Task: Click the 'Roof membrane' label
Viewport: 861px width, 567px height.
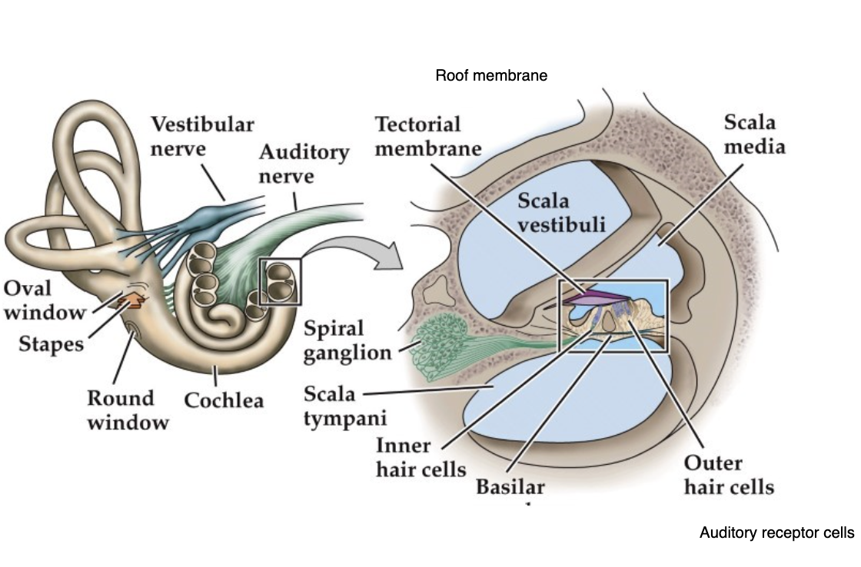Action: (491, 76)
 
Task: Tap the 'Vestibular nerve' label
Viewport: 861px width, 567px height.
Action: (202, 135)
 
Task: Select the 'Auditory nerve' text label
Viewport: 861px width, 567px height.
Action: (303, 164)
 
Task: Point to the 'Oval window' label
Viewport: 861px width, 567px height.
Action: (44, 300)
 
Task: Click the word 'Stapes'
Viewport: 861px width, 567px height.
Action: (51, 343)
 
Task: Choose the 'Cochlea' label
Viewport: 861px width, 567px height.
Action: (224, 400)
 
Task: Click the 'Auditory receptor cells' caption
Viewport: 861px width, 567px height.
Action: (776, 532)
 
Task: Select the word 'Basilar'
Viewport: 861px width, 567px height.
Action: (510, 487)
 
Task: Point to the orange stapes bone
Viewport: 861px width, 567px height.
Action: (131, 301)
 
